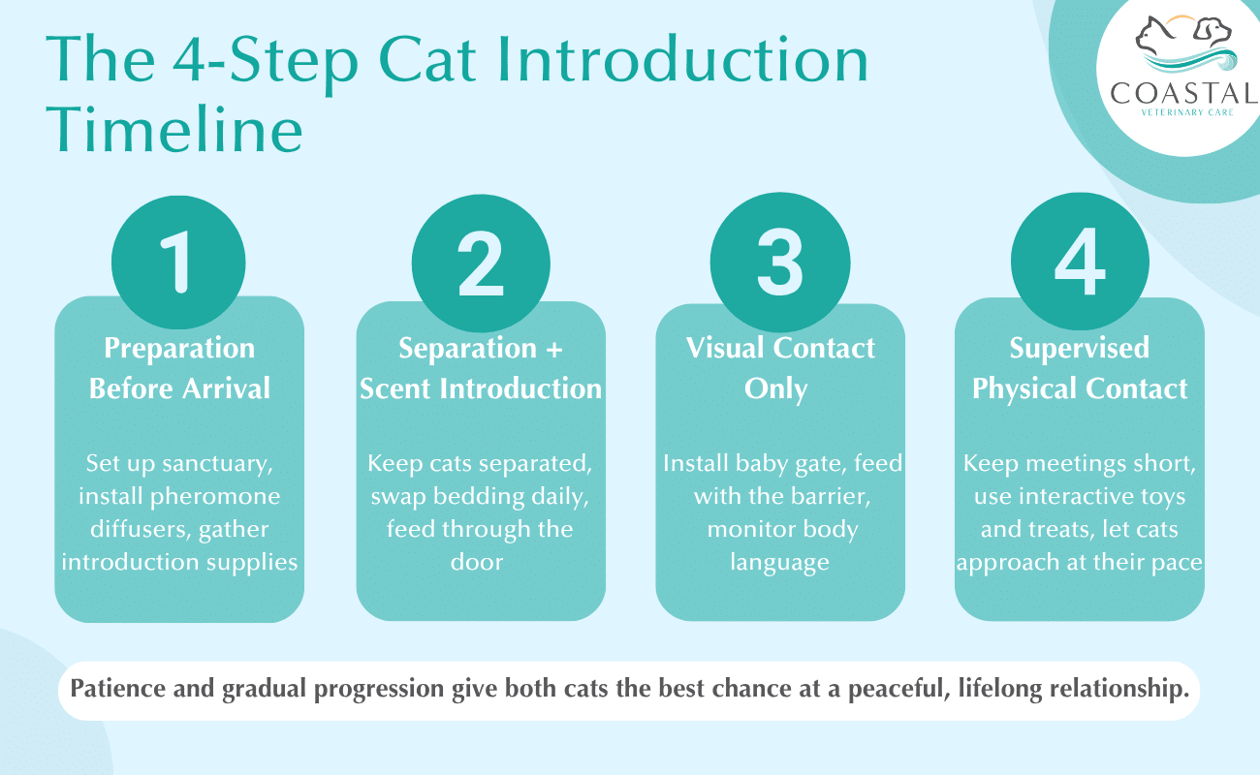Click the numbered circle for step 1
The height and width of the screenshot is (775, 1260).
tap(180, 263)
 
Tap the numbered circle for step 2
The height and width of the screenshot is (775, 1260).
tap(481, 263)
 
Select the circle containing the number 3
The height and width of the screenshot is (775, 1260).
tap(780, 263)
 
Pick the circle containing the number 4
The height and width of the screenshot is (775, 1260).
tap(1080, 263)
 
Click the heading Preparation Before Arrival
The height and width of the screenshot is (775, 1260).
tap(179, 368)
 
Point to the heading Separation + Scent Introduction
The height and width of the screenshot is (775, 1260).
tap(481, 368)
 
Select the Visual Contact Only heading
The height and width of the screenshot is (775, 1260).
tap(780, 368)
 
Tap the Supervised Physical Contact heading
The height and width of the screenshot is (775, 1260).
tap(1080, 368)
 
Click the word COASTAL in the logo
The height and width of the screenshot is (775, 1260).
tap(1184, 95)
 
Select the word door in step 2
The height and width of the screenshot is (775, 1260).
tap(477, 562)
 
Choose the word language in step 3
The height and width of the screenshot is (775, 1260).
tap(780, 562)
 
